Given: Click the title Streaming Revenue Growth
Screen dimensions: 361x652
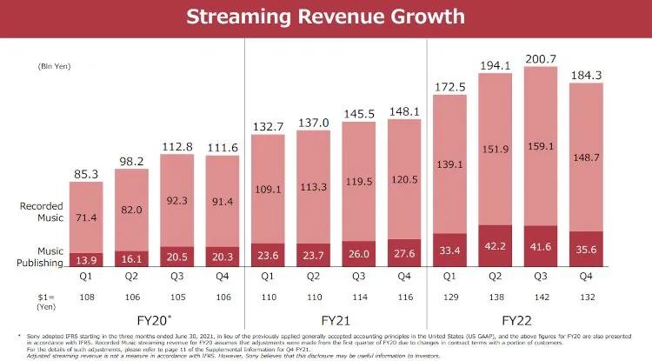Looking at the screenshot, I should [x=325, y=17].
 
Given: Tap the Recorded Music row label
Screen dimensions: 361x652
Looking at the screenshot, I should [x=41, y=211].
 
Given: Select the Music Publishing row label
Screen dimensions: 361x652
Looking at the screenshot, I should [x=41, y=256].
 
